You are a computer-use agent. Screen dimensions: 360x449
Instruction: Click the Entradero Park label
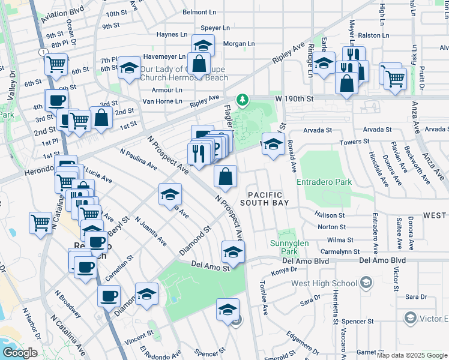click(x=324, y=181)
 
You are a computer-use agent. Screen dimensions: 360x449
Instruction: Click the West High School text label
click(x=324, y=283)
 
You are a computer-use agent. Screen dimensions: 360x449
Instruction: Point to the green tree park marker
click(x=243, y=98)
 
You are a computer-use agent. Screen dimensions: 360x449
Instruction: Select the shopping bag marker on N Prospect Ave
click(x=225, y=176)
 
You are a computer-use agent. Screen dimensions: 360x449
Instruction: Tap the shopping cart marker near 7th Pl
click(x=56, y=63)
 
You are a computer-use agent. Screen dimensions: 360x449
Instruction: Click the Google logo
click(x=20, y=353)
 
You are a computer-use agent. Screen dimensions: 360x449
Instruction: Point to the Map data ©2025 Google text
click(x=412, y=355)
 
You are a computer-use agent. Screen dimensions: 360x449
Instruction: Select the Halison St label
click(x=331, y=215)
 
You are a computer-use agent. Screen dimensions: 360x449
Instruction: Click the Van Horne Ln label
click(x=162, y=101)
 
